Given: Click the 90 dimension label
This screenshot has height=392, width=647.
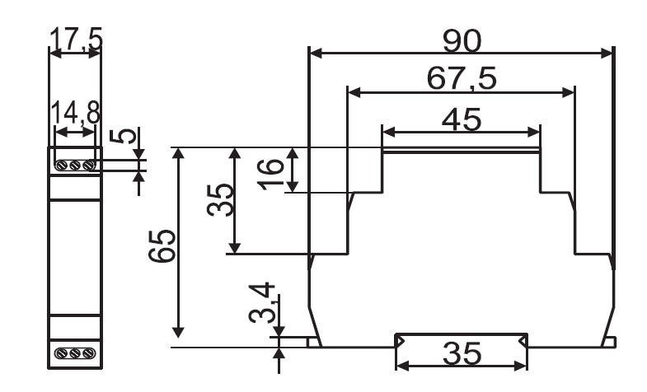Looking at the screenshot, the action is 462,41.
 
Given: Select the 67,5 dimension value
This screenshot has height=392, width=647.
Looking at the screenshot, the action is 462,78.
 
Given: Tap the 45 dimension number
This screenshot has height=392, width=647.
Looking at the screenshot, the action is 462,120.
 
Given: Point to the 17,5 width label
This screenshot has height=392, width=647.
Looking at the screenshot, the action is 76,40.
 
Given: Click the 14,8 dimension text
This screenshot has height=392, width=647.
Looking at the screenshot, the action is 76,113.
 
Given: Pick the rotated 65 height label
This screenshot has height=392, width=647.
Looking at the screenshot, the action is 162,246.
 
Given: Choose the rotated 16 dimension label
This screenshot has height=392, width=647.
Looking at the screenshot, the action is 271,174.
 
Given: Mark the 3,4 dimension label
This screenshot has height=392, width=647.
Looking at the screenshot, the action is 262,302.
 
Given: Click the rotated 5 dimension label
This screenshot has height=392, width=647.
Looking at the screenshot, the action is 123,136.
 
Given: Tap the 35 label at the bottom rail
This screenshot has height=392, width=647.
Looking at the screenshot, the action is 462,353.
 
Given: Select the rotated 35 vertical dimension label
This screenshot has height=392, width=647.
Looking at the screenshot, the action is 220,200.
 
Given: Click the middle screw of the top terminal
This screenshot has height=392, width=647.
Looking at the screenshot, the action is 75,166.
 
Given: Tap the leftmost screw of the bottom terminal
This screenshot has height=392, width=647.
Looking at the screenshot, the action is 62,353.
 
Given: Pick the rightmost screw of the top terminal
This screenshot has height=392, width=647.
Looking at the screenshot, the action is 89,166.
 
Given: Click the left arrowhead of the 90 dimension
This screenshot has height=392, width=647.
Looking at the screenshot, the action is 316,54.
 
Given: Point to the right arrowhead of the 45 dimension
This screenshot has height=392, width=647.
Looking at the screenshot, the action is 533,133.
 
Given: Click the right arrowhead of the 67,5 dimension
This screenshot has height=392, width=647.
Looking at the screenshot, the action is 568,93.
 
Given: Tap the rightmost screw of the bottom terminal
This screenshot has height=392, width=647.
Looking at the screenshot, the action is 89,353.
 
